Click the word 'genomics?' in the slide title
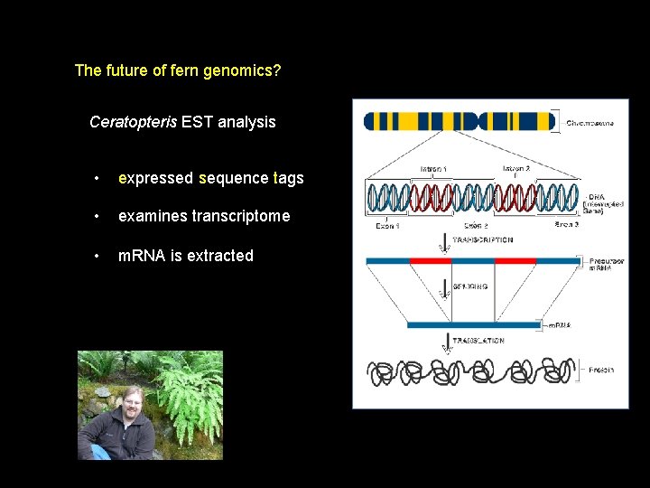tap(246, 70)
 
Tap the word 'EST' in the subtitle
tap(196, 122)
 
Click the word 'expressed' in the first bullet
tap(155, 179)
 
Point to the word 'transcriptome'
tap(242, 216)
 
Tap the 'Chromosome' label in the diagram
tap(590, 123)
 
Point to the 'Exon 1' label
tap(388, 225)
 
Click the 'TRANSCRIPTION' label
tap(482, 240)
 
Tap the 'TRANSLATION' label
tap(478, 341)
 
